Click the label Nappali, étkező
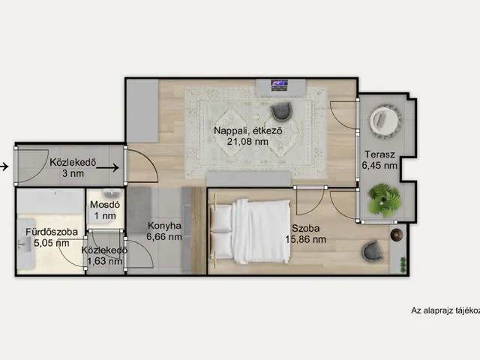(247, 130)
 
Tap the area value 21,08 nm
(247, 142)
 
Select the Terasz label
(379, 154)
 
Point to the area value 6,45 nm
(379, 166)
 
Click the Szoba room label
(305, 228)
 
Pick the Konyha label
(164, 226)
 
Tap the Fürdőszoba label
(52, 232)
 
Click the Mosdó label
(105, 205)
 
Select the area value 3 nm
(73, 173)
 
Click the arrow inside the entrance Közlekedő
(107, 167)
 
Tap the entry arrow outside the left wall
(4, 166)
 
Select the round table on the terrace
(385, 120)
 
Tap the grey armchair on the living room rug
(281, 110)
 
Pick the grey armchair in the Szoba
(372, 251)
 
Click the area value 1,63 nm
(105, 261)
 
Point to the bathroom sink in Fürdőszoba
(24, 244)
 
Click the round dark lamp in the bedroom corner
(397, 235)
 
